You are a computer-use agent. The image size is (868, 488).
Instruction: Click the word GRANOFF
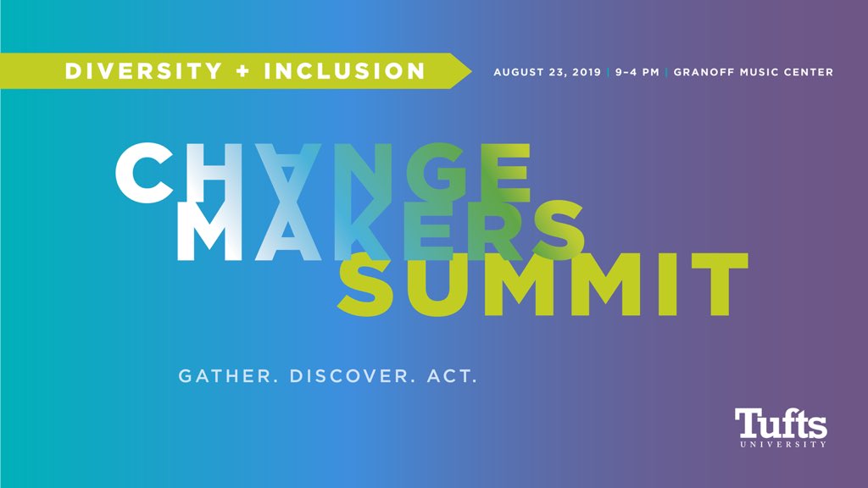click(x=702, y=72)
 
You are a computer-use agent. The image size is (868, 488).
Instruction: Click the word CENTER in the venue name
click(x=809, y=72)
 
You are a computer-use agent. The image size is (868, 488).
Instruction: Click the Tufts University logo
click(x=781, y=428)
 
